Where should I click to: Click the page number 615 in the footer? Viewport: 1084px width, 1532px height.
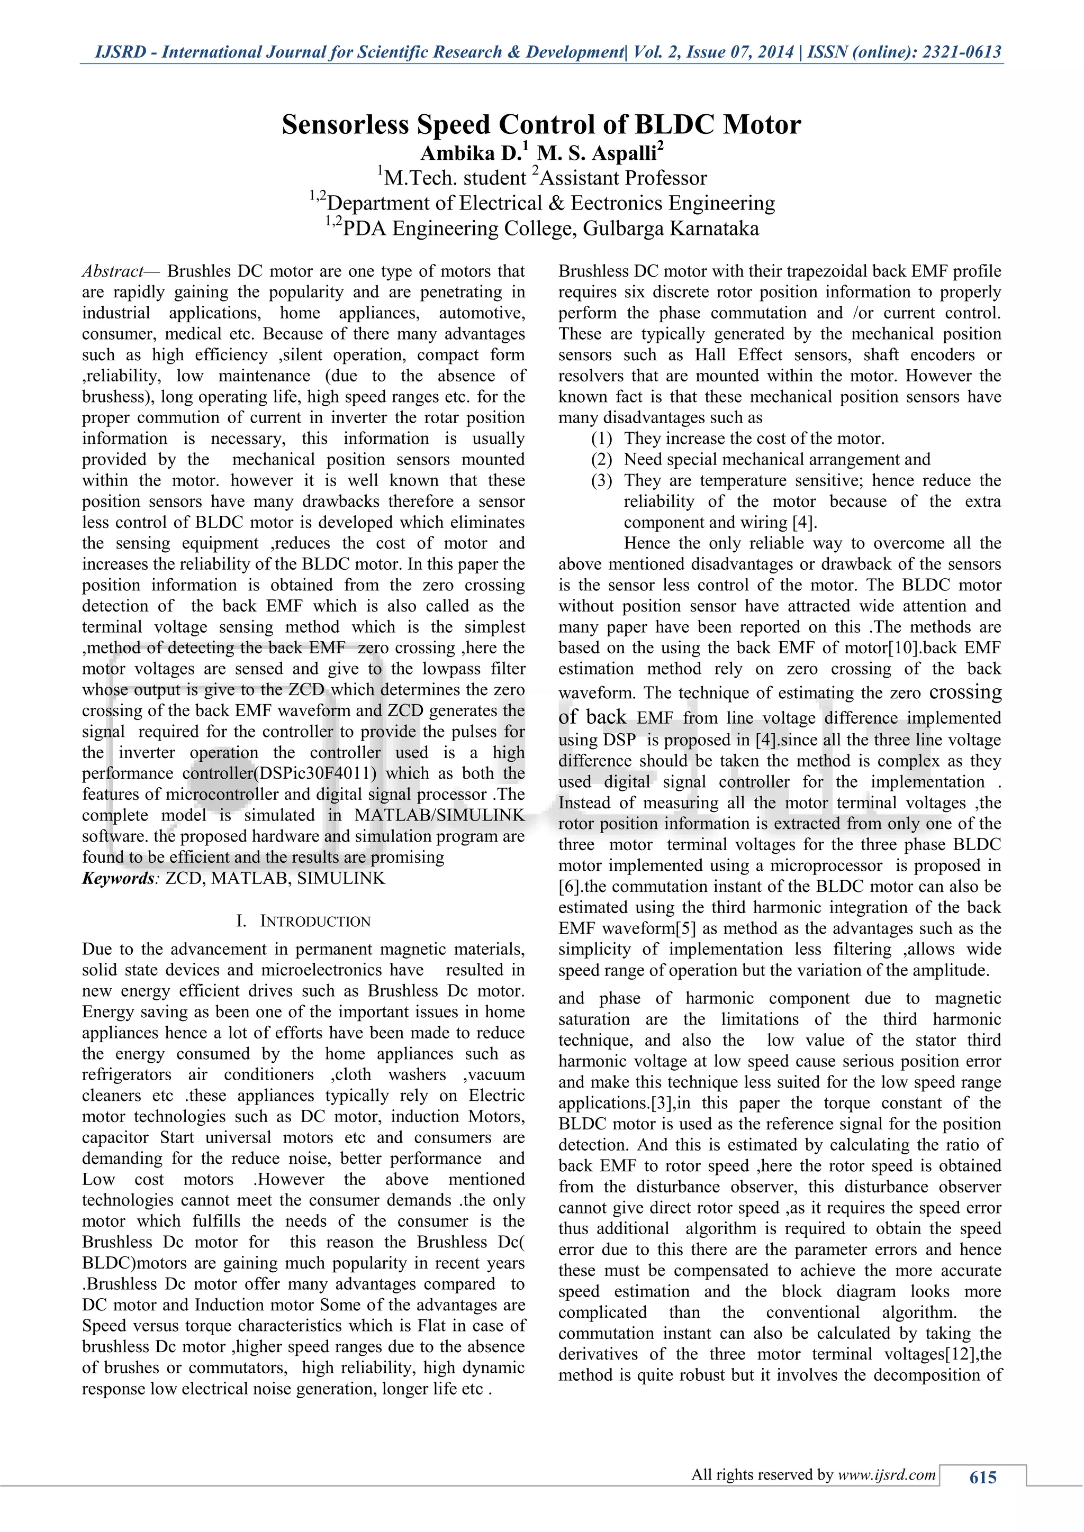pos(982,1478)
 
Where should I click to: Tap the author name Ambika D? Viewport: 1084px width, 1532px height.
pos(471,153)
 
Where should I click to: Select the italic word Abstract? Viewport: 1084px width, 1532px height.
pos(113,271)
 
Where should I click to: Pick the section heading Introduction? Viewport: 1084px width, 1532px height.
pos(315,922)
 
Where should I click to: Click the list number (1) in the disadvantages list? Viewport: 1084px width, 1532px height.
pos(601,439)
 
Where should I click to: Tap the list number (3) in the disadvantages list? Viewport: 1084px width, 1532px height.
pos(601,481)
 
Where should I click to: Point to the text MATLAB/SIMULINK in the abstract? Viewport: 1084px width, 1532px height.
pos(439,815)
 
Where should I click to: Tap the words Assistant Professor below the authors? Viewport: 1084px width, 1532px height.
pos(624,179)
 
